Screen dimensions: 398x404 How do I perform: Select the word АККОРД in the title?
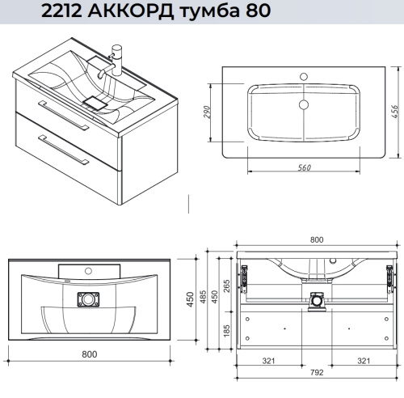point(134,13)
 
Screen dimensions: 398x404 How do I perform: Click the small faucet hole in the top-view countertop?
point(304,78)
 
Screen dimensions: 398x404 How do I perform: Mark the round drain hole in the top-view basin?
point(304,104)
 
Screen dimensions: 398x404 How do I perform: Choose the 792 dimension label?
point(316,373)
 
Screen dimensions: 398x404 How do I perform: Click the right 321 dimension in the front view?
point(364,361)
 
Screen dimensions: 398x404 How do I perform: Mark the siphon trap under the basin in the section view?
point(315,298)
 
